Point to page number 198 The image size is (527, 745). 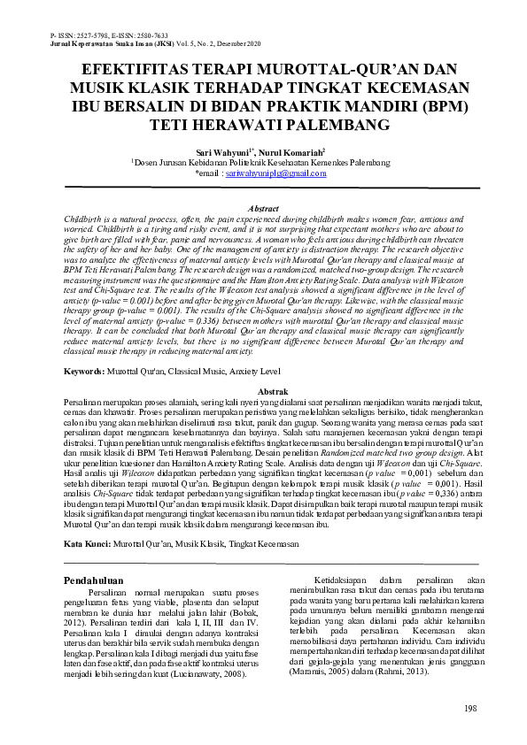click(x=470, y=709)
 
